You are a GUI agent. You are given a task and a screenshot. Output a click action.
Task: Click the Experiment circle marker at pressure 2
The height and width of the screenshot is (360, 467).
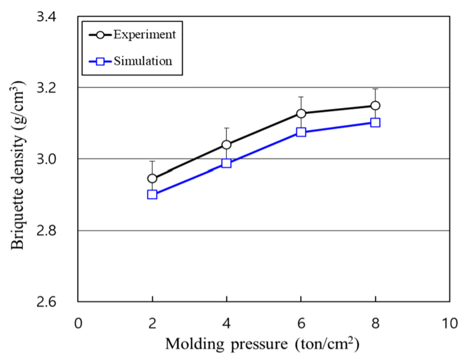pos(152,179)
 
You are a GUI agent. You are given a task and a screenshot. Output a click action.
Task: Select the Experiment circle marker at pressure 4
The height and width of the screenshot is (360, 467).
pos(226,144)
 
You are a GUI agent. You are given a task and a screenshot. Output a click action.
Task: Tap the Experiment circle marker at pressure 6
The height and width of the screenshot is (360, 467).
pos(301,113)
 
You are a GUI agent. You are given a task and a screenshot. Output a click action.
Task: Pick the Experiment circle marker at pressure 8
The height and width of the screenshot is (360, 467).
pos(375,106)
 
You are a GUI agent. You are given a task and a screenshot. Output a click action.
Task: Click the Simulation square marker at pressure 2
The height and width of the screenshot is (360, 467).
pos(152,194)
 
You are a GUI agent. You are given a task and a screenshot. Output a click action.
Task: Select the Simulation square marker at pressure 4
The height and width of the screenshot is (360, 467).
pos(226,163)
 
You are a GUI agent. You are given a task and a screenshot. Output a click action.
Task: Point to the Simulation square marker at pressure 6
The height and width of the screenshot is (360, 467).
pos(301,132)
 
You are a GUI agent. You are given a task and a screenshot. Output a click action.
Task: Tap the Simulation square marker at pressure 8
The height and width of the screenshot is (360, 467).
pos(375,123)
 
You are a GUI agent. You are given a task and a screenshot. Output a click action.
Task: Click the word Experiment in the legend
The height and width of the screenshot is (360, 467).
pos(144,34)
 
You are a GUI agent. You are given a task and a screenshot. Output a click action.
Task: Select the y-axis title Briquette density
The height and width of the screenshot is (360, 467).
pos(18,159)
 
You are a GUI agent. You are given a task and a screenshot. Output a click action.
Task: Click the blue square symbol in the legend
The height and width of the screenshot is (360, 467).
pos(100,60)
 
